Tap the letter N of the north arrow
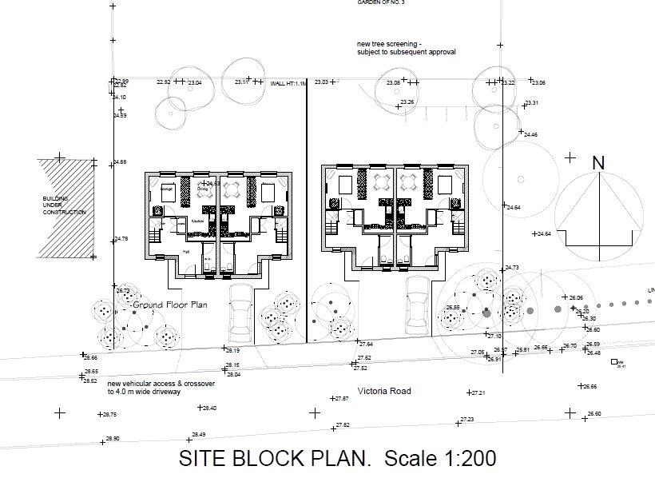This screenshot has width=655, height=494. tap(598, 162)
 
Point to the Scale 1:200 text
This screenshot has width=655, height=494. tap(440, 459)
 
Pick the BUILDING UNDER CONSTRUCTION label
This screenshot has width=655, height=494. tap(64, 205)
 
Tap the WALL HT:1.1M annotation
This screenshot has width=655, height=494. tap(288, 83)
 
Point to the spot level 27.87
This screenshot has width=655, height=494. tap(342, 398)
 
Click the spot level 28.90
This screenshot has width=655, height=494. tap(112, 439)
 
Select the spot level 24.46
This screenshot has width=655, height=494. tap(530, 134)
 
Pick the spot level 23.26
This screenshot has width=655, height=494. tap(407, 102)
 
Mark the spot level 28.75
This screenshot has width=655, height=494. tap(109, 415)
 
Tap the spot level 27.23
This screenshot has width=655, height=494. tap(466, 420)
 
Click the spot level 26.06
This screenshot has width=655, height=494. tap(576, 298)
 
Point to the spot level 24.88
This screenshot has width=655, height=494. tap(120, 162)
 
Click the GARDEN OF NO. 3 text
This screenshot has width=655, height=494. tap(381, 2)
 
